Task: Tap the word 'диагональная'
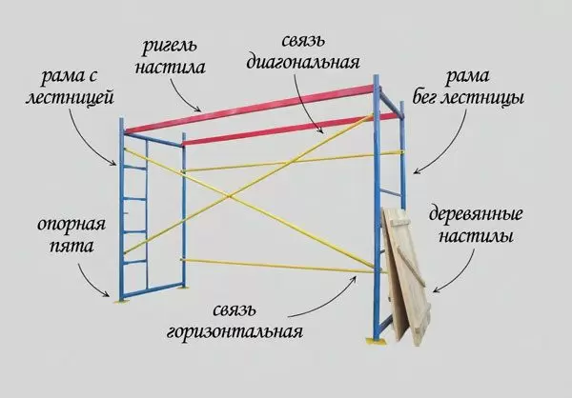[x=303, y=63]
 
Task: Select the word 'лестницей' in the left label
[x=70, y=98]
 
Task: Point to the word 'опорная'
[x=71, y=225]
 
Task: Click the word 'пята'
[x=71, y=247]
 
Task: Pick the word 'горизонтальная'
[x=235, y=332]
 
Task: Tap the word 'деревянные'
[x=476, y=215]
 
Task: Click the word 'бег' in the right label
[x=424, y=98]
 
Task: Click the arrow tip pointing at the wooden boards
[x=433, y=292]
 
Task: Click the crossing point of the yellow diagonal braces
[x=230, y=197]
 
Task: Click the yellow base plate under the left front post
[x=121, y=301]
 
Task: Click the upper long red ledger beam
[x=250, y=109]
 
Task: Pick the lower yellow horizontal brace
[x=281, y=266]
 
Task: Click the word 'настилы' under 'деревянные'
[x=476, y=237]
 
